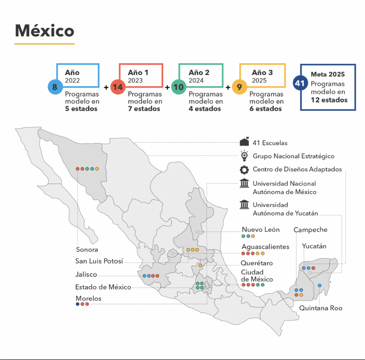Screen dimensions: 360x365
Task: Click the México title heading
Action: pyautogui.click(x=44, y=31)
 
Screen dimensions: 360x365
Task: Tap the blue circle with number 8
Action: pyautogui.click(x=55, y=87)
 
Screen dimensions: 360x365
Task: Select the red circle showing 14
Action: pyautogui.click(x=117, y=87)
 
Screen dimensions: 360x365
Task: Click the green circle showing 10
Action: pyautogui.click(x=178, y=87)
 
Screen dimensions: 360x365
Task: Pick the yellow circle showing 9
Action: pyautogui.click(x=239, y=87)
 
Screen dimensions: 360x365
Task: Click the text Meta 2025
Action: pyautogui.click(x=328, y=74)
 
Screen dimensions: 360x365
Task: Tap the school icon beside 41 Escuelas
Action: pyautogui.click(x=244, y=142)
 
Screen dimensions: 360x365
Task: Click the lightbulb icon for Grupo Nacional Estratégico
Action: pyautogui.click(x=244, y=156)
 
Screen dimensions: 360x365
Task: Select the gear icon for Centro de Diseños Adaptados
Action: pyautogui.click(x=244, y=169)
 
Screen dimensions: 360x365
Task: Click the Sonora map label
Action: pyautogui.click(x=87, y=250)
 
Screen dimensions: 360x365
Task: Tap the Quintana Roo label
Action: pyautogui.click(x=320, y=308)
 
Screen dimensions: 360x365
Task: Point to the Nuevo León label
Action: pyautogui.click(x=261, y=230)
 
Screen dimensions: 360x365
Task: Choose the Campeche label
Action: pyautogui.click(x=310, y=230)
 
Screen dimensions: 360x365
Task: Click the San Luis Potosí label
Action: pyautogui.click(x=99, y=261)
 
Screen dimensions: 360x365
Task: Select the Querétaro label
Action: pyautogui.click(x=257, y=263)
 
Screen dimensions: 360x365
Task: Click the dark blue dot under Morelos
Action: pyautogui.click(x=78, y=304)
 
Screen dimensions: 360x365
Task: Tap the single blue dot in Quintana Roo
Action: pyautogui.click(x=319, y=285)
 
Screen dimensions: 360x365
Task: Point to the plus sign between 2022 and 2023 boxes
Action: pyautogui.click(x=106, y=87)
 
